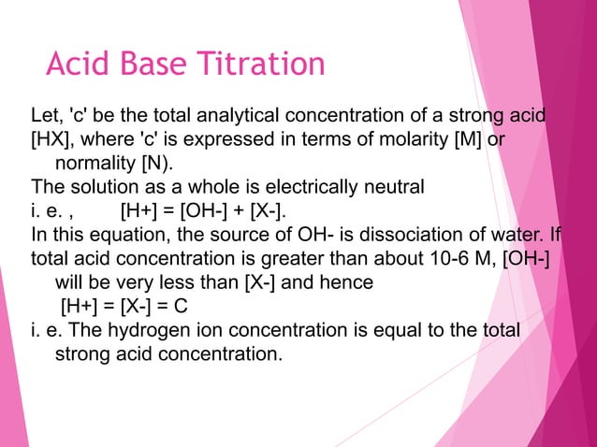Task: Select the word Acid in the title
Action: point(78,65)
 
